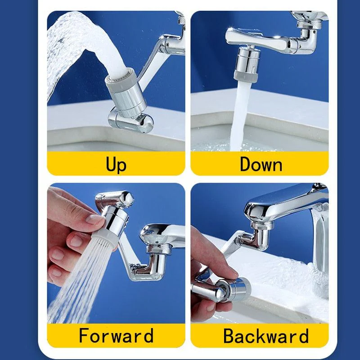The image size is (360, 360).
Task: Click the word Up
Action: pos(116,164)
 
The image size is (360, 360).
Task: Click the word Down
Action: pos(261,164)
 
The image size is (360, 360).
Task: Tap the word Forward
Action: pos(116,336)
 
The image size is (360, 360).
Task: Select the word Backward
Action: pos(265,336)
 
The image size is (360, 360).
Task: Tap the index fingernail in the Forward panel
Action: pos(95,219)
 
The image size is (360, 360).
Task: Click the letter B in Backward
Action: pos(229,336)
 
